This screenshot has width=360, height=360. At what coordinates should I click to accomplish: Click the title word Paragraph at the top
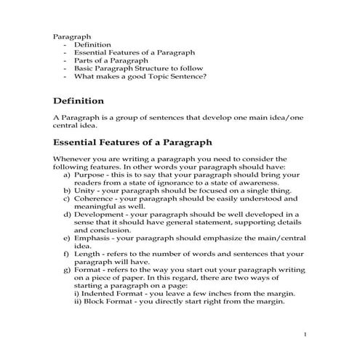pyautogui.click(x=71, y=34)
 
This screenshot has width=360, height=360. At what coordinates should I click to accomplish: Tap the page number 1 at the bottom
pyautogui.click(x=306, y=334)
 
